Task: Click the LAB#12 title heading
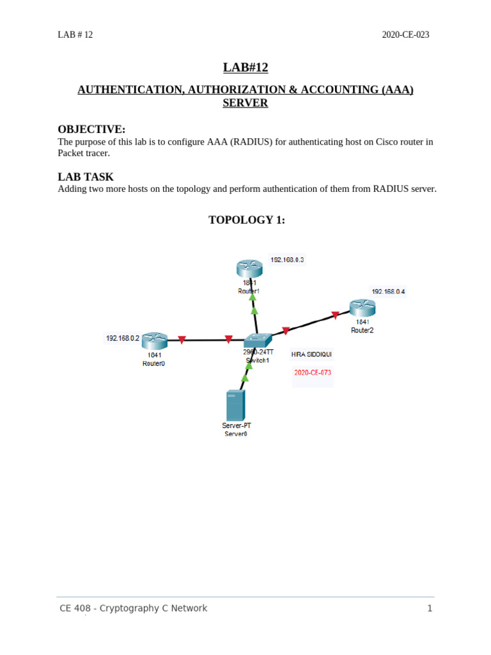click(245, 68)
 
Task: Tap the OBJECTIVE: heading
click(91, 129)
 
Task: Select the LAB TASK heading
click(86, 177)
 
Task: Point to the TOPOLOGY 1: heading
click(246, 220)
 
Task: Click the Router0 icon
click(154, 340)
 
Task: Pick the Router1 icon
click(249, 268)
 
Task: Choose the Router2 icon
click(362, 308)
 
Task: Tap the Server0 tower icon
click(235, 406)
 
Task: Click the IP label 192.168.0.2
click(122, 338)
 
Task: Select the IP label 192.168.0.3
click(287, 260)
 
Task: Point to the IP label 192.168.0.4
click(388, 291)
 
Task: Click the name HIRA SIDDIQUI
click(311, 354)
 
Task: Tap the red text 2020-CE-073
click(313, 372)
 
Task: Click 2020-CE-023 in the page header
click(405, 35)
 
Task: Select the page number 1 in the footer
click(430, 608)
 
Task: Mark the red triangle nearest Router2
click(335, 315)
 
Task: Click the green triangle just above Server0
click(244, 378)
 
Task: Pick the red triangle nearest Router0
click(182, 340)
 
